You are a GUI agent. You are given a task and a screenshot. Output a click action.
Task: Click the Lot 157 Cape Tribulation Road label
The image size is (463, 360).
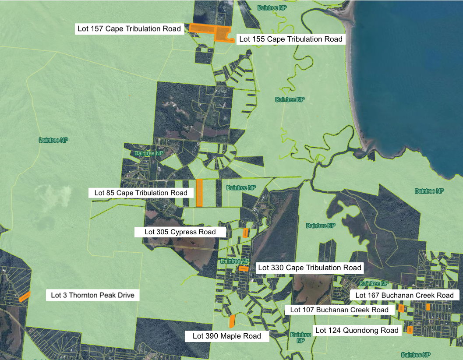(129, 29)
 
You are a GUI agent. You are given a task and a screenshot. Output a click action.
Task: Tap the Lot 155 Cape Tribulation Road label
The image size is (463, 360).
(291, 39)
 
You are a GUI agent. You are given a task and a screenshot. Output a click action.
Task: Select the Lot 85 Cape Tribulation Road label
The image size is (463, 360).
(141, 193)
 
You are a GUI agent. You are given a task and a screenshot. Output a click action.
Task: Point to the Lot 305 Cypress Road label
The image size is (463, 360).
(180, 231)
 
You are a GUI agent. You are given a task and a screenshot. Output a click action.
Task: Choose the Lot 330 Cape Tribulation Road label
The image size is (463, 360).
(309, 268)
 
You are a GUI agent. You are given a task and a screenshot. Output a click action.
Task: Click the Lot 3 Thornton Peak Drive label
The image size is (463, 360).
(92, 295)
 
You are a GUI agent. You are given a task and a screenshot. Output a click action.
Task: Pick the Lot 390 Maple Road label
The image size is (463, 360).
(227, 336)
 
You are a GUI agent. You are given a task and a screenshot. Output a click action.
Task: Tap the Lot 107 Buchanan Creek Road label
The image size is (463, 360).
(339, 310)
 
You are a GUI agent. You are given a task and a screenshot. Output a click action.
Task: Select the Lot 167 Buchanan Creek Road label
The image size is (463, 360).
(404, 295)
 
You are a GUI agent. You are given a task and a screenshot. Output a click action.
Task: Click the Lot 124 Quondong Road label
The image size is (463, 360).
(357, 330)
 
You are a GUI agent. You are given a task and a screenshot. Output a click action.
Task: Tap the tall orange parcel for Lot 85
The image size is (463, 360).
(199, 193)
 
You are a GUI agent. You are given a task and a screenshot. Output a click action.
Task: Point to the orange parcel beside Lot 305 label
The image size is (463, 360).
(245, 233)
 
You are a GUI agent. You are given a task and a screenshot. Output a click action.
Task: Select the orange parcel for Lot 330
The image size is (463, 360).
(244, 268)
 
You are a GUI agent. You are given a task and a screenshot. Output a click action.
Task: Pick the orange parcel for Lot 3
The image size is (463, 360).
(25, 297)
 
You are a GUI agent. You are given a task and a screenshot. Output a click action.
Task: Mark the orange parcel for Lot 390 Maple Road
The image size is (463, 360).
(232, 321)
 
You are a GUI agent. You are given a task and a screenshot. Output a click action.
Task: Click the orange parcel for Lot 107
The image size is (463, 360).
(401, 308)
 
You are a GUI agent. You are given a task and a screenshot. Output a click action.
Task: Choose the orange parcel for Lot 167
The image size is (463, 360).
(428, 307)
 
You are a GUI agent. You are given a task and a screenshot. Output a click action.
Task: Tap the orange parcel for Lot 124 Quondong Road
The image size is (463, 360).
(410, 330)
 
